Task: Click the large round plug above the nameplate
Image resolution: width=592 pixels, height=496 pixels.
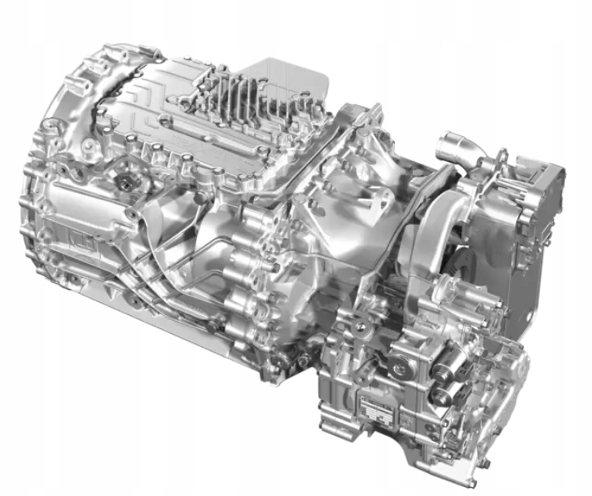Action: coord(398,368)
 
